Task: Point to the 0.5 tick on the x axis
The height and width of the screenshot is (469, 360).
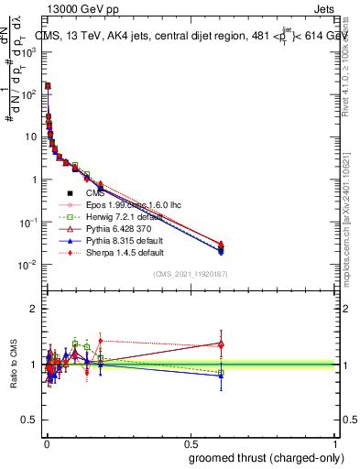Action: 190,442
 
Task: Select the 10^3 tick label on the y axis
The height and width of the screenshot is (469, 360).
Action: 30,51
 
